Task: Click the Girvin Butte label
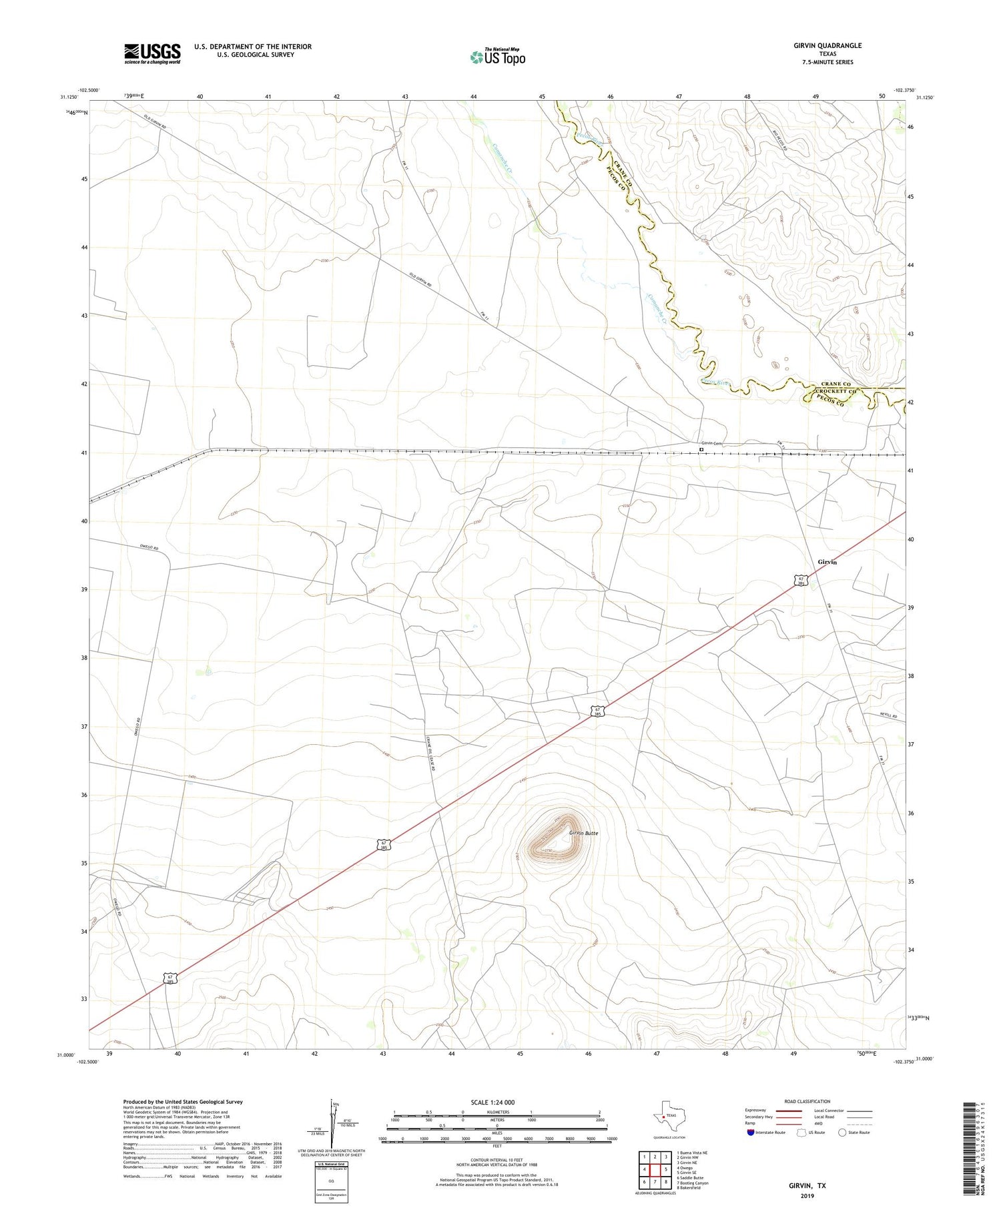pos(583,833)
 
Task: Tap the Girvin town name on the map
pos(827,562)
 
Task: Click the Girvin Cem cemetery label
pos(711,443)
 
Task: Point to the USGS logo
pos(152,53)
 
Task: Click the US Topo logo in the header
pos(498,57)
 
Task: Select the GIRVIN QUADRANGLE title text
pos(827,45)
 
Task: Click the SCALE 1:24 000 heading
pos(493,1102)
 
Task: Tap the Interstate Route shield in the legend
pos(751,1133)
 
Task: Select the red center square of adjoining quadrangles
pos(655,1169)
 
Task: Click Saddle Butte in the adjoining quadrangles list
pos(689,1177)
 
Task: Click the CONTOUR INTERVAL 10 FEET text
pos(496,1161)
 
